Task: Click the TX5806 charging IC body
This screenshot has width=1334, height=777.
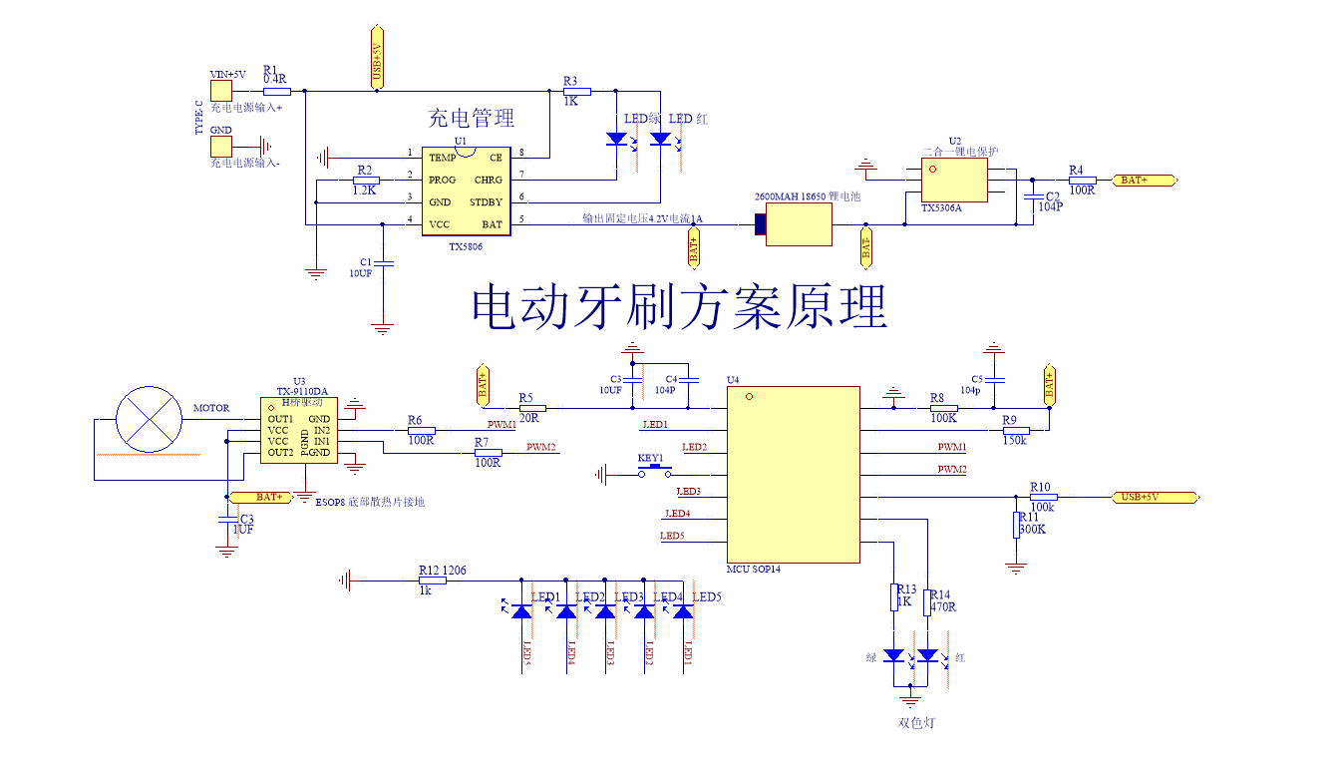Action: coord(466,191)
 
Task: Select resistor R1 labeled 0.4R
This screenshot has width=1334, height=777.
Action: coord(276,91)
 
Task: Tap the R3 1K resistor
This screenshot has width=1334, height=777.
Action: coord(576,91)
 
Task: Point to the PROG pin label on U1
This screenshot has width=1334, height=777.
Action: coord(442,181)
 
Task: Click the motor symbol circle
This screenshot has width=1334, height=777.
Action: coord(150,419)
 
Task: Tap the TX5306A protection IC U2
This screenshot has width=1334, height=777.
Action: coord(954,181)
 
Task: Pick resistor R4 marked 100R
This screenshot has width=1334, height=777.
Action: coord(1082,181)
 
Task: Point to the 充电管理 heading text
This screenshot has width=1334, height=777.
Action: coord(471,118)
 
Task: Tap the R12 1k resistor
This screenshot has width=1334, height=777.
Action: coord(432,580)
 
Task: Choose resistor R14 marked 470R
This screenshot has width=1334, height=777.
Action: coord(927,596)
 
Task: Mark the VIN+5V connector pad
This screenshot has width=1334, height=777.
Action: coord(220,91)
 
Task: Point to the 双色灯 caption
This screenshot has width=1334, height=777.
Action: coord(916,722)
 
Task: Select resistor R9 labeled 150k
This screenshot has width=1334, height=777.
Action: coord(1016,430)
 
